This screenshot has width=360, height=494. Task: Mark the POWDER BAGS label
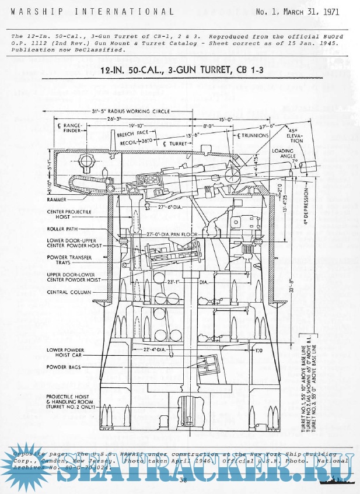click(x=62, y=367)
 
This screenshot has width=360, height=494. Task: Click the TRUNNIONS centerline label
click(x=253, y=135)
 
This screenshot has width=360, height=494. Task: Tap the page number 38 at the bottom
click(x=183, y=480)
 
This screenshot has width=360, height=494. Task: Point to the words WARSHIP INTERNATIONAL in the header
click(x=92, y=10)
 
